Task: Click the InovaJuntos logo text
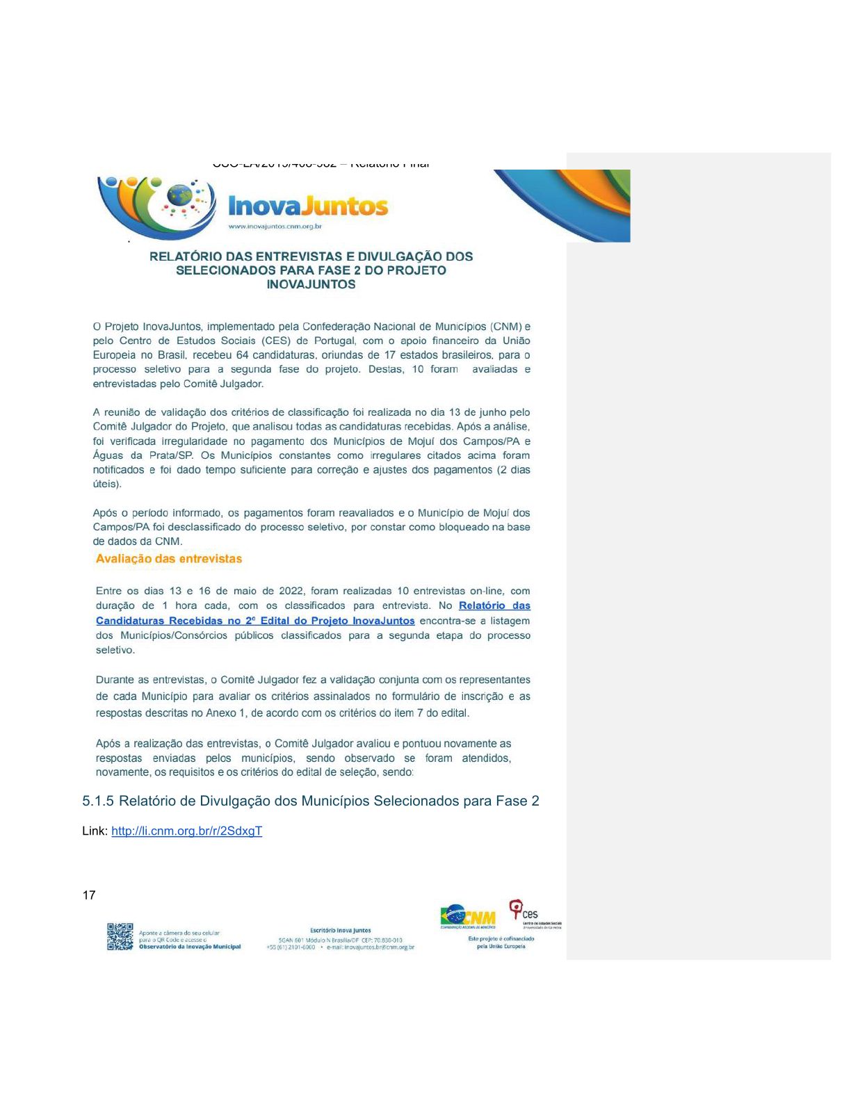308,206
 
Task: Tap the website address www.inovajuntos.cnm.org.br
275,227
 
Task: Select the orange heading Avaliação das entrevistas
169,559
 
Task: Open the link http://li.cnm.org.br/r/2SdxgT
186,831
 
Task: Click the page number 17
89,895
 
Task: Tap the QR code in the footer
120,936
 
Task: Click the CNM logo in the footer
468,915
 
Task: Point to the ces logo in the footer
526,911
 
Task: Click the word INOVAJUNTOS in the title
311,284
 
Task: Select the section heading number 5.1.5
98,801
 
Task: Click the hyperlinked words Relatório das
494,605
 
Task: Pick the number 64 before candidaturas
242,355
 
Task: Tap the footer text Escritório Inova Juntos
341,930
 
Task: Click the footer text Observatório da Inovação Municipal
190,947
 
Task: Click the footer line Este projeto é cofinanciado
501,939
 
